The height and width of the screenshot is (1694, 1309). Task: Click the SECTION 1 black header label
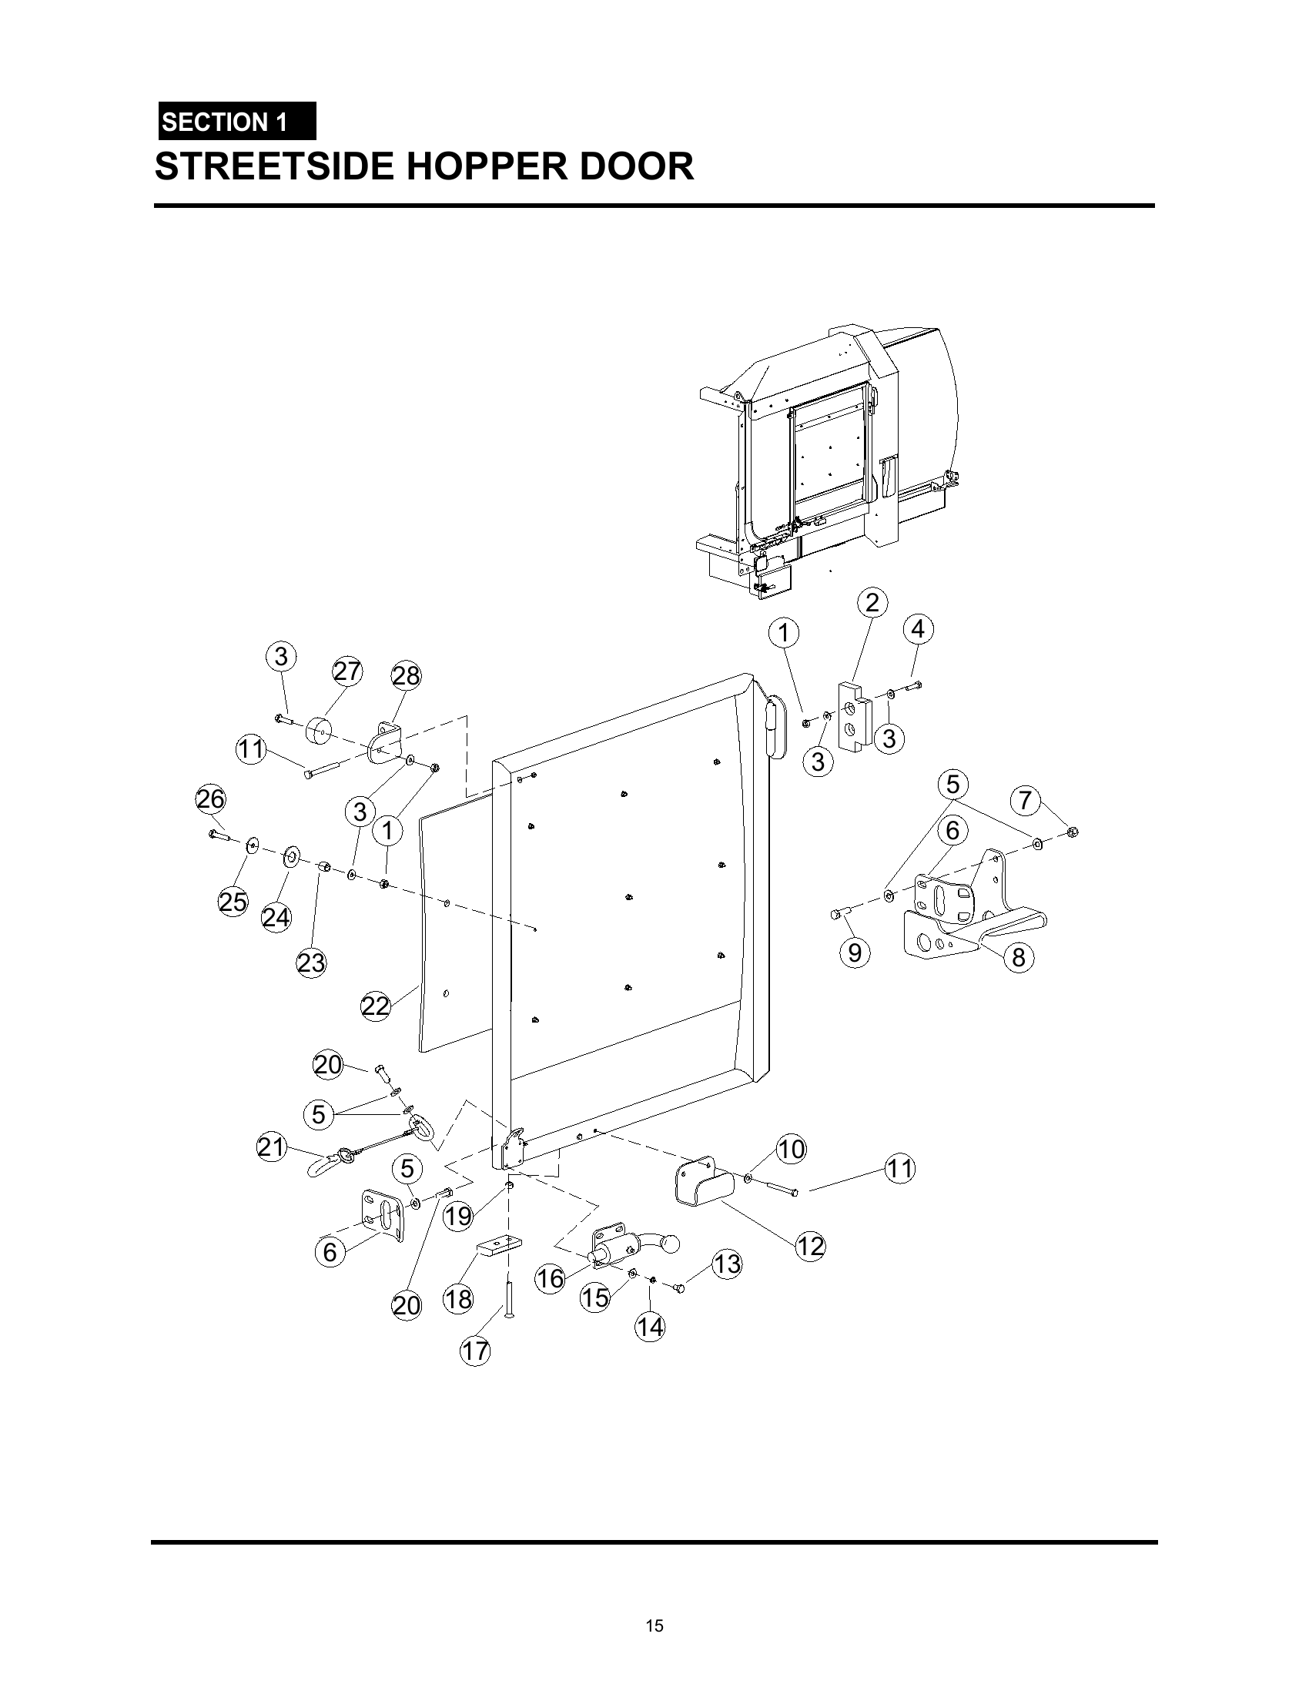pyautogui.click(x=236, y=122)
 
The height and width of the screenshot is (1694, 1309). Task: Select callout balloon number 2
pyautogui.click(x=872, y=603)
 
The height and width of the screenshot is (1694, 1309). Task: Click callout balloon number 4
pyautogui.click(x=917, y=629)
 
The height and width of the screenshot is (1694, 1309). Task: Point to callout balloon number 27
pyautogui.click(x=347, y=671)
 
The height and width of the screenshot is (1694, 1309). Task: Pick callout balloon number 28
pyautogui.click(x=406, y=676)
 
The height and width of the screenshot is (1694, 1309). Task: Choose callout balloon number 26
pyautogui.click(x=210, y=799)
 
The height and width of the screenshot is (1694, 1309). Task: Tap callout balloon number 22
pyautogui.click(x=375, y=1007)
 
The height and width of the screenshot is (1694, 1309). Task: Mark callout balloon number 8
pyautogui.click(x=1018, y=958)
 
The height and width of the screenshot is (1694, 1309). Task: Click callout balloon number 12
pyautogui.click(x=810, y=1247)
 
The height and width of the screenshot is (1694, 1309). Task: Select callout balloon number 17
pyautogui.click(x=475, y=1351)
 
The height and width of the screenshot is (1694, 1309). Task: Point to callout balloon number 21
pyautogui.click(x=271, y=1147)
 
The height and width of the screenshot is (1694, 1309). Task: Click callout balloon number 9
pyautogui.click(x=855, y=952)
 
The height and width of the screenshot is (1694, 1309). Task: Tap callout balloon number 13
pyautogui.click(x=727, y=1264)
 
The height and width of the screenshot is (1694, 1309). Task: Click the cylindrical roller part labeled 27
pyautogui.click(x=319, y=731)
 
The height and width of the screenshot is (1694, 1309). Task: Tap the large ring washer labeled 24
pyautogui.click(x=293, y=857)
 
